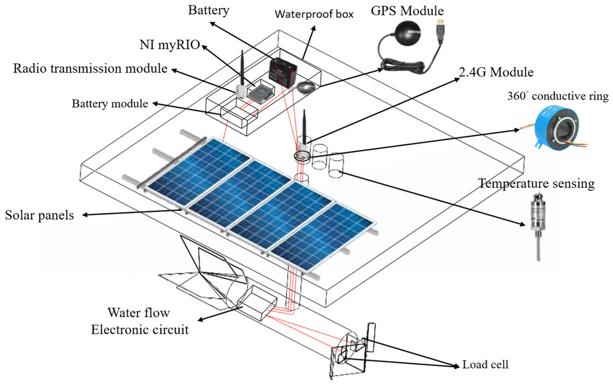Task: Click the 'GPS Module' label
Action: click(407, 11)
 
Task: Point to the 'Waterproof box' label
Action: click(314, 14)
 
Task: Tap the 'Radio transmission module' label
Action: click(90, 68)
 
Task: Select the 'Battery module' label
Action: click(110, 104)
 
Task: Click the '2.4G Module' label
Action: click(496, 72)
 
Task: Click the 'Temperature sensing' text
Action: click(536, 183)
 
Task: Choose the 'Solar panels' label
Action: click(39, 215)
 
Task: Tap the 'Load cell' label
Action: click(485, 365)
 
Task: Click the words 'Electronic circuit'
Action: click(140, 330)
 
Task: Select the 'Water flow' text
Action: click(138, 313)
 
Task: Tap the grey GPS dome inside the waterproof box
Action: click(306, 87)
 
